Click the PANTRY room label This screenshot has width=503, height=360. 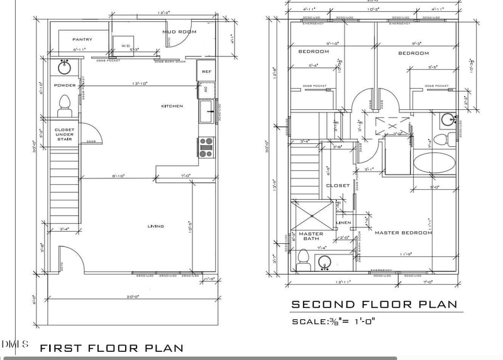click(x=82, y=40)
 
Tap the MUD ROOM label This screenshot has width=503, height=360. click(x=179, y=31)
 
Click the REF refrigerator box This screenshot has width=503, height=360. click(x=206, y=71)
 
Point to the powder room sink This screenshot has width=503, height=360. click(x=64, y=67)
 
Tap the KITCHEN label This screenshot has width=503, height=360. click(x=172, y=106)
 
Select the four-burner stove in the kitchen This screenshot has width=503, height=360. click(x=206, y=146)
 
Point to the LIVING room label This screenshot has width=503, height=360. click(x=155, y=226)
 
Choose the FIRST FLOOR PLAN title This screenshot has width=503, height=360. click(x=111, y=347)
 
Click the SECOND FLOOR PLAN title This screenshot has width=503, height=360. click(x=373, y=305)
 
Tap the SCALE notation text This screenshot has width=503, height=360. click(x=333, y=322)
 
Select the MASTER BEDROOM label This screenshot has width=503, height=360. click(x=403, y=233)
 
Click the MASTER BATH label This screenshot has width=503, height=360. click(x=311, y=237)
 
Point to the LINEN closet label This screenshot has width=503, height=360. click(x=343, y=222)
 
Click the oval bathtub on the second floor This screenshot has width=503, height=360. click(x=434, y=163)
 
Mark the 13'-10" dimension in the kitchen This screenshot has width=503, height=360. click(x=140, y=84)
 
